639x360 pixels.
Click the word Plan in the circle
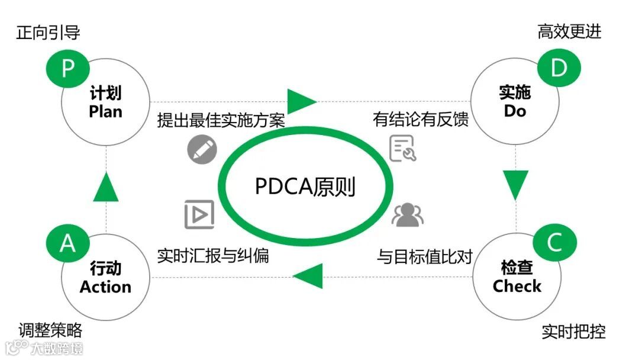106,111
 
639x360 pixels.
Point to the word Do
515,111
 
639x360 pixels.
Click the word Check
517,287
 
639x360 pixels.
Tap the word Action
105,287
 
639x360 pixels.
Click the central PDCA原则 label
305,187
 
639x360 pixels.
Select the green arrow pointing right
301,100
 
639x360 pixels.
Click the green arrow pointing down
516,185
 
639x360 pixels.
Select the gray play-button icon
199,213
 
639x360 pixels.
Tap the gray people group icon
408,215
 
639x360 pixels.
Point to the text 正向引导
48,33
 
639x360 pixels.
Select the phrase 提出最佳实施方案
221,120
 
